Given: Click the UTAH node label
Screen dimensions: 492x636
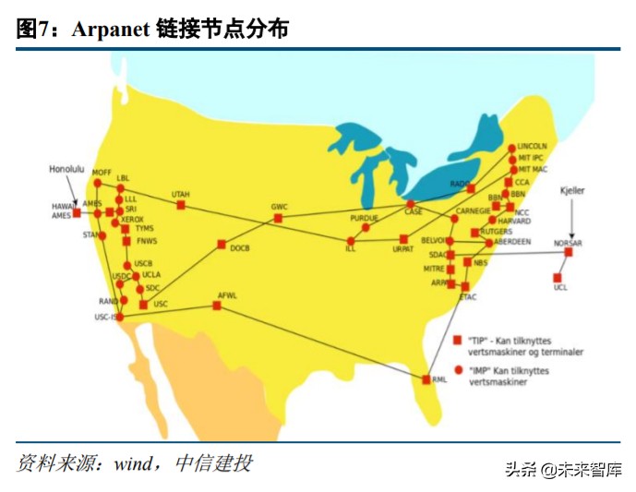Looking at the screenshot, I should pos(180,194).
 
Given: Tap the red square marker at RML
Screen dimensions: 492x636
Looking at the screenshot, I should pos(426,379).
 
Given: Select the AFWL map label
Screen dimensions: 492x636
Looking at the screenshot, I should pos(227,295).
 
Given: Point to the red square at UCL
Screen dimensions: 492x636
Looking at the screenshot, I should pos(558,277).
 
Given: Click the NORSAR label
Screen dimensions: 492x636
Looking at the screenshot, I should pos(569,242).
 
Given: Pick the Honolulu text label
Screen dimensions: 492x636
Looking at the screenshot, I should pos(66,170).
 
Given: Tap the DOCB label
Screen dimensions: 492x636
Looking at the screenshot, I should pos(240,249).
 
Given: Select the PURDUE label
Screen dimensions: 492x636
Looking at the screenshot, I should pos(365,217).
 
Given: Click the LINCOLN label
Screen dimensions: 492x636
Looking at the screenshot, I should pos(533,146).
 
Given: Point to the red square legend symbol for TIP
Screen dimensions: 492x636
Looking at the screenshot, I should pos(456,340).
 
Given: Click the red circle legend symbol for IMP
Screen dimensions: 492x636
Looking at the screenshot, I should pos(456,370).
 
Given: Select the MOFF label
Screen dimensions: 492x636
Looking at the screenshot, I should pos(102,172).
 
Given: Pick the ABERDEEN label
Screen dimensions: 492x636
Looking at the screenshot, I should pos(513,241).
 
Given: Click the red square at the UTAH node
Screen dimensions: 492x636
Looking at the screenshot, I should pos(181,205).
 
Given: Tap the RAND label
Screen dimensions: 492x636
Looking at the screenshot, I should pos(108,301).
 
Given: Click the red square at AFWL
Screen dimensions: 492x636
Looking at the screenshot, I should pos(217,306).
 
